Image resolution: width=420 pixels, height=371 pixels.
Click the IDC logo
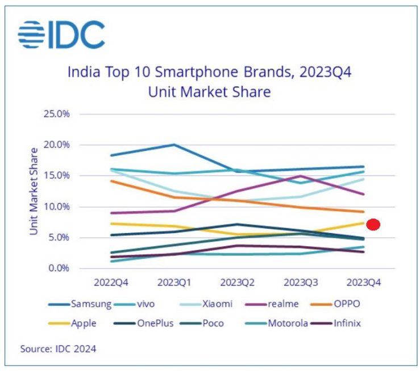pyautogui.click(x=61, y=35)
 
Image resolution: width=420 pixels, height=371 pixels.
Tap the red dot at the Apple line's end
pyautogui.click(x=373, y=225)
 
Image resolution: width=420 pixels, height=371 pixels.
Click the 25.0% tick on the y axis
pyautogui.click(x=56, y=114)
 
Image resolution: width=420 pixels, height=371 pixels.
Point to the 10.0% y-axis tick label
pyautogui.click(x=56, y=206)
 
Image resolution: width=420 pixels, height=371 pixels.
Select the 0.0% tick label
pyautogui.click(x=58, y=268)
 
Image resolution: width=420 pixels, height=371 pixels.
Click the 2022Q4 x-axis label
pyautogui.click(x=110, y=281)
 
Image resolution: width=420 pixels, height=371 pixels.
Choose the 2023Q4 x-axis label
pyautogui.click(x=364, y=281)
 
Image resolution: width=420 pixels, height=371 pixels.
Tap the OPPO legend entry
pyautogui.click(x=344, y=303)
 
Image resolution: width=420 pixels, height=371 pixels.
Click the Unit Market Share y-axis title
pyautogui.click(x=34, y=191)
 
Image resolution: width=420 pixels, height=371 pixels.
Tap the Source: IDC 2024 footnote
pyautogui.click(x=58, y=349)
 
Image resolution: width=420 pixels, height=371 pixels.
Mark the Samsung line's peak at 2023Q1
pyautogui.click(x=173, y=145)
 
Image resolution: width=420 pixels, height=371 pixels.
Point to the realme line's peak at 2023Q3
pyautogui.click(x=301, y=176)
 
